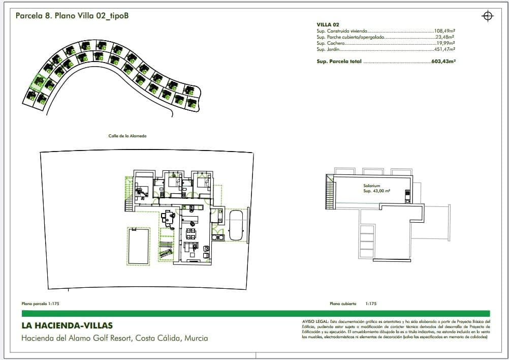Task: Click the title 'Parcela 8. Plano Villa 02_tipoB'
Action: pyautogui.click(x=72, y=16)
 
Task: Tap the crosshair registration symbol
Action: pyautogui.click(x=487, y=16)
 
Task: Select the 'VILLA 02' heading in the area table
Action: pyautogui.click(x=328, y=24)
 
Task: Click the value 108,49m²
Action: pyautogui.click(x=444, y=31)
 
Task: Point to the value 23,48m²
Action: pyautogui.click(x=444, y=37)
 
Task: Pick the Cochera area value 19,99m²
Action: pyautogui.click(x=444, y=43)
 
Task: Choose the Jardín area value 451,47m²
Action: pyautogui.click(x=444, y=49)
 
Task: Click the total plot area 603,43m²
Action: pyautogui.click(x=443, y=62)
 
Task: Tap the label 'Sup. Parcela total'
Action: pyautogui.click(x=339, y=62)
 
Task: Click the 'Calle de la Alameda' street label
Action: pyautogui.click(x=127, y=136)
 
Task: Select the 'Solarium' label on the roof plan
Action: pyautogui.click(x=371, y=186)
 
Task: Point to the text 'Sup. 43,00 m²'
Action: pyautogui.click(x=376, y=192)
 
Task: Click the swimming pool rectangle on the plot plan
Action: pyautogui.click(x=139, y=246)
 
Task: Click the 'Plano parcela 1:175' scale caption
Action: pyautogui.click(x=41, y=304)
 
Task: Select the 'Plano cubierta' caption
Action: pyautogui.click(x=343, y=304)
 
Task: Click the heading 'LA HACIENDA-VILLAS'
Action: pyautogui.click(x=67, y=326)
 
